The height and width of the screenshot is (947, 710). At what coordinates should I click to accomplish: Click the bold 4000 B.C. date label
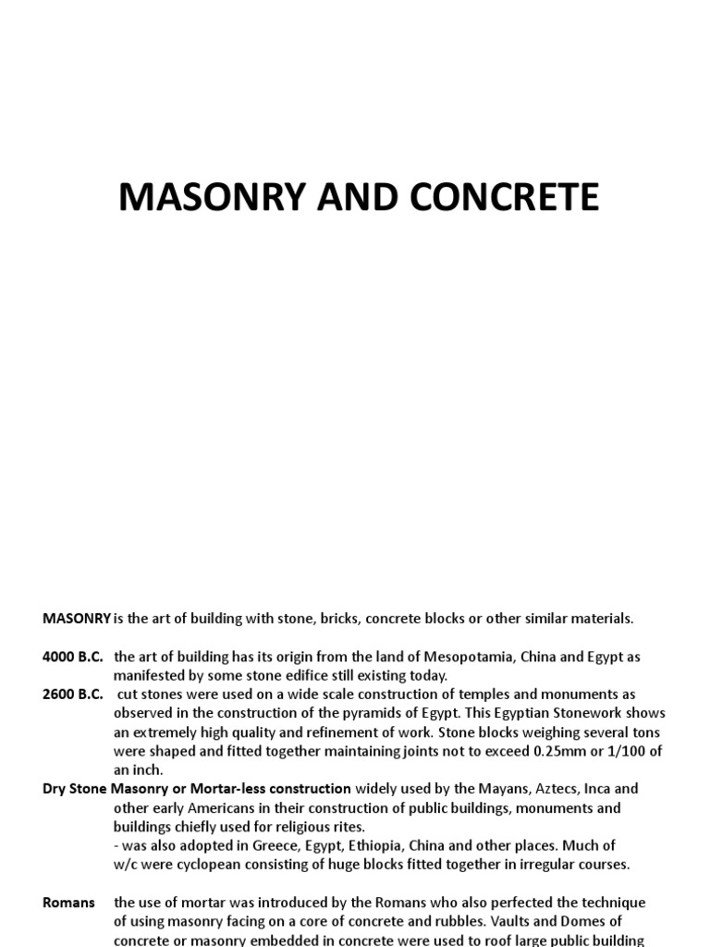(x=73, y=657)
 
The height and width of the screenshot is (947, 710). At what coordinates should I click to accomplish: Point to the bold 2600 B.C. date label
(x=73, y=695)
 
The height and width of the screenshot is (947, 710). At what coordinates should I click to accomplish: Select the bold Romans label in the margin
(x=68, y=903)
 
